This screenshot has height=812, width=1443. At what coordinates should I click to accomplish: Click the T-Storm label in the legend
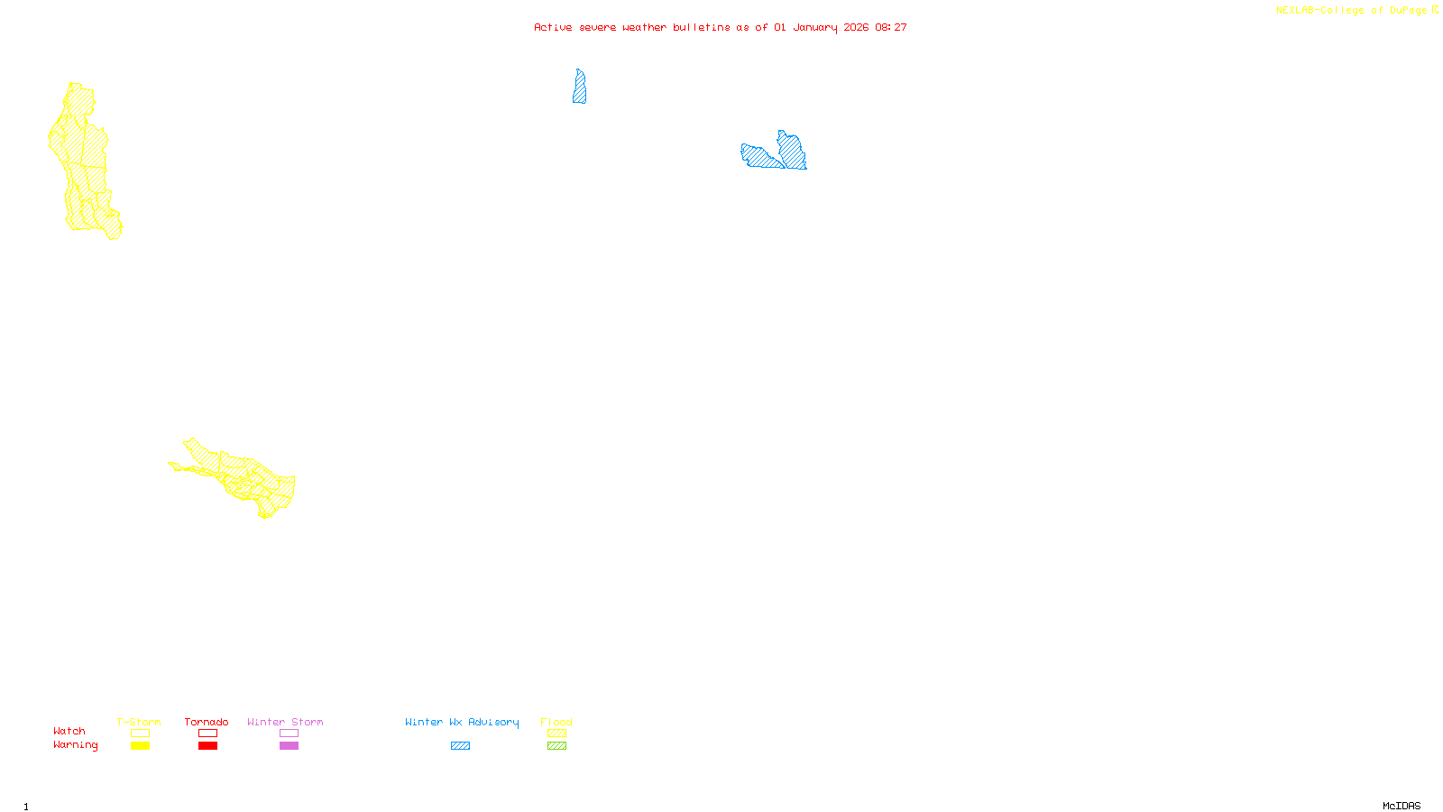pyautogui.click(x=139, y=722)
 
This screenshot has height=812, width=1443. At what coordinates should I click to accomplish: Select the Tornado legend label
pyautogui.click(x=207, y=722)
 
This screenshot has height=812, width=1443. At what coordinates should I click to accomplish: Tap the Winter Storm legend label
pyautogui.click(x=285, y=722)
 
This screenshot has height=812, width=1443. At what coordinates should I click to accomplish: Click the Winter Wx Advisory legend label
pyautogui.click(x=462, y=722)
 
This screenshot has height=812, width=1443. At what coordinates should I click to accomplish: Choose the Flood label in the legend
pyautogui.click(x=556, y=722)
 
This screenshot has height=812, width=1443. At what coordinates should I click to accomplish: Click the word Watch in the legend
pyautogui.click(x=69, y=731)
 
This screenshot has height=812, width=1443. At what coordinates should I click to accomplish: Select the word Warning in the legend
pyautogui.click(x=76, y=745)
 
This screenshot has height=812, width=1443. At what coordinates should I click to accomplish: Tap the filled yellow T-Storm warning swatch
pyautogui.click(x=140, y=746)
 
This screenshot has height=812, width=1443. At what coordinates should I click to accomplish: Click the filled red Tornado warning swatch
pyautogui.click(x=208, y=746)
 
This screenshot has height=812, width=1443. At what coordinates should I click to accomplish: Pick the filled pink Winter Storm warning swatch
pyautogui.click(x=289, y=746)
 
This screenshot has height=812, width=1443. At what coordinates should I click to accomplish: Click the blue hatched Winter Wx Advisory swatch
pyautogui.click(x=460, y=746)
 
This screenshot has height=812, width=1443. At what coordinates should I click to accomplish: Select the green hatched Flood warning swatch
pyautogui.click(x=557, y=746)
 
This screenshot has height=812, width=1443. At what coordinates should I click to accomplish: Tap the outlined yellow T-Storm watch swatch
pyautogui.click(x=140, y=734)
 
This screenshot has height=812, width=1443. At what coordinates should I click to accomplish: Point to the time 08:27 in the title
pyautogui.click(x=891, y=27)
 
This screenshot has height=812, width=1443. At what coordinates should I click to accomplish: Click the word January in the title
pyautogui.click(x=815, y=27)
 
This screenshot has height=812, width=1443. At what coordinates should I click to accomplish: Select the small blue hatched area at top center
pyautogui.click(x=579, y=88)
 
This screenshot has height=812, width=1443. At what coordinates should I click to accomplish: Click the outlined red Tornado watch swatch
pyautogui.click(x=208, y=734)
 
